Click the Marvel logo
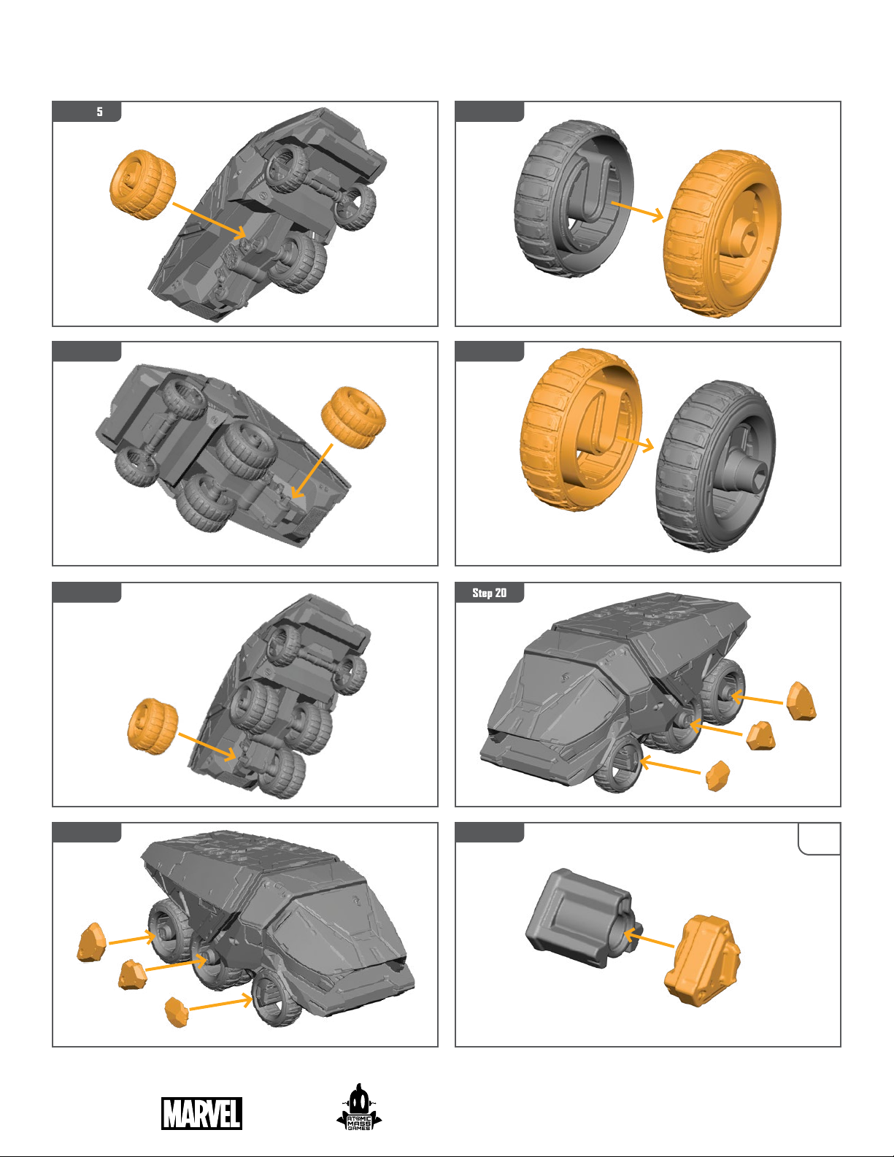[x=201, y=1113]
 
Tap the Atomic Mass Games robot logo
[x=359, y=1107]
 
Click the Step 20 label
[x=490, y=593]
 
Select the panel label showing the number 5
[x=99, y=112]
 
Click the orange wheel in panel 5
[x=142, y=184]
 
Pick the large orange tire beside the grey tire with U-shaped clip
[x=722, y=234]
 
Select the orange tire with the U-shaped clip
[x=581, y=430]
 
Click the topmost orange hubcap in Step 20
[x=801, y=701]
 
